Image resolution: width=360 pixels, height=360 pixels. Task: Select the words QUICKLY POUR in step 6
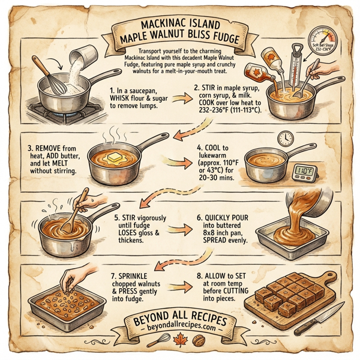pyautogui.click(x=218, y=220)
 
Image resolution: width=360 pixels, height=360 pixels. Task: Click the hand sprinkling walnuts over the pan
pyautogui.click(x=70, y=277)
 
